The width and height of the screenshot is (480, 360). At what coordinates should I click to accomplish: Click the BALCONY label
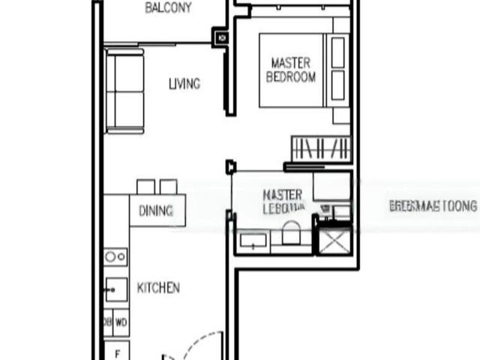point(168,8)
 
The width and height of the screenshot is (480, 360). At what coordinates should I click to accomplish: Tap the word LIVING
point(184,84)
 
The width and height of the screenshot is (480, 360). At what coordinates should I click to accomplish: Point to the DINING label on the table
point(156,211)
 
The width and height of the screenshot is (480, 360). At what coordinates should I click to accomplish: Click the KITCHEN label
point(158,287)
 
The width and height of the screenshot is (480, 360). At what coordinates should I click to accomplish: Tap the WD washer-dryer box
point(121,322)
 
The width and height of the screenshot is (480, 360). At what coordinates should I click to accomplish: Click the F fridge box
point(116,351)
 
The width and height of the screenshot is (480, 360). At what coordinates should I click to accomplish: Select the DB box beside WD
point(107,322)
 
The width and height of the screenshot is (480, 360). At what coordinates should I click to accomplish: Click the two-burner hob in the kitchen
point(115,257)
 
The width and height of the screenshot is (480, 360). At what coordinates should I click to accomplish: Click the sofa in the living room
point(124,90)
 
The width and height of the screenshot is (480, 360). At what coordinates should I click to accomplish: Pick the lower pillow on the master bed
point(339,86)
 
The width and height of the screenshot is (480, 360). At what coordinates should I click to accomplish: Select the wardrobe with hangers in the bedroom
point(320,148)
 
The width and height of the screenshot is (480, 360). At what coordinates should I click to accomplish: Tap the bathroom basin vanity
point(253,241)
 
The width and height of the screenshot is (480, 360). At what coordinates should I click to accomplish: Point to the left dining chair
point(145,186)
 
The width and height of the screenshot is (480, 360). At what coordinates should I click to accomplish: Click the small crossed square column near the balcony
point(222,36)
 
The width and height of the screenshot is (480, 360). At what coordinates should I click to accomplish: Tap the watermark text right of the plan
point(433,205)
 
